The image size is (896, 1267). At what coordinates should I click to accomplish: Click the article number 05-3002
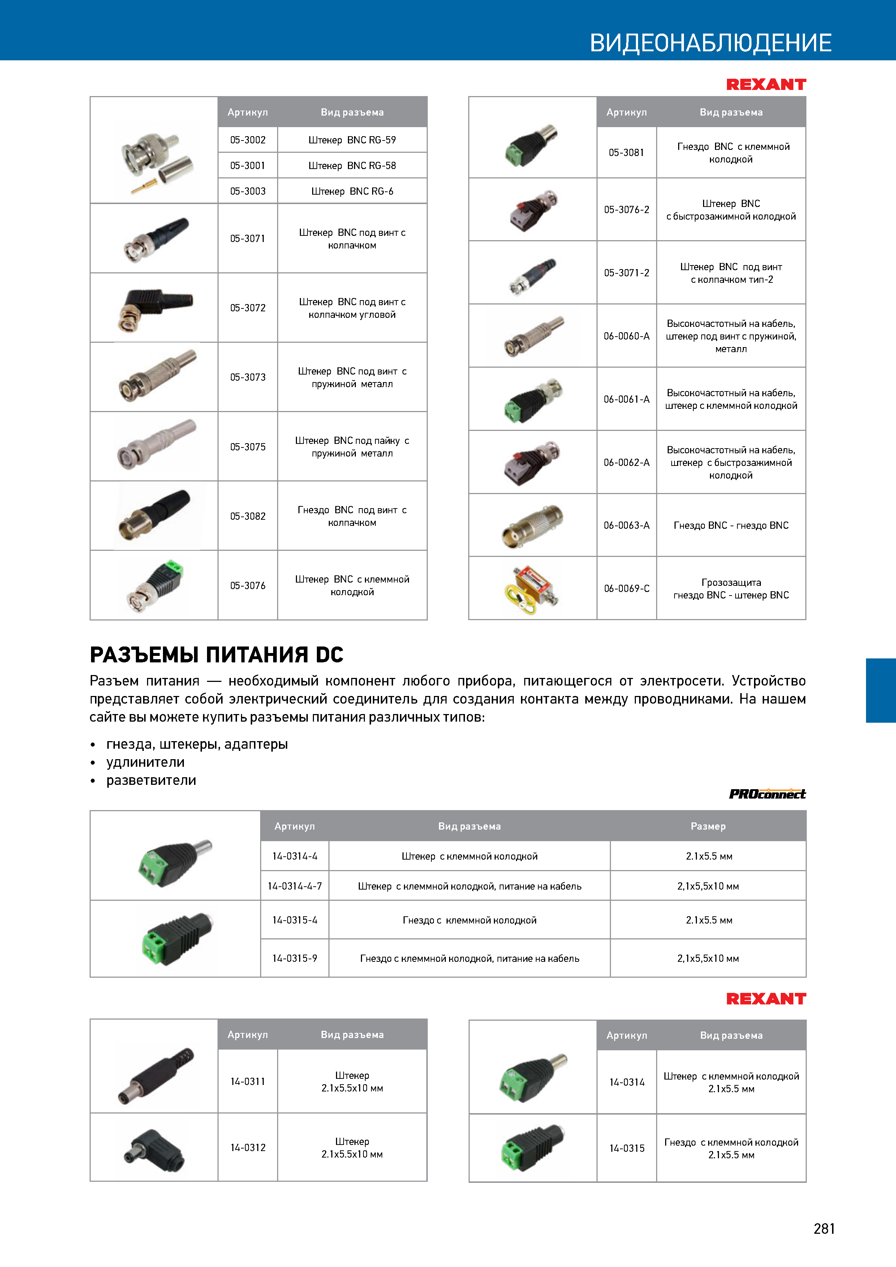point(248,140)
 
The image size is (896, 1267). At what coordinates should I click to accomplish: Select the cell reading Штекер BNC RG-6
point(352,191)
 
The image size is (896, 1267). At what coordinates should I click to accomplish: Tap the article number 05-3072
point(248,308)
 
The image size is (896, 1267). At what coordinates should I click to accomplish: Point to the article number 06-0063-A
point(626,526)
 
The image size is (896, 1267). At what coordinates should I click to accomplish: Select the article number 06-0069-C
point(626,589)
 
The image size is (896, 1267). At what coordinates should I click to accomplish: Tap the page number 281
point(824,1228)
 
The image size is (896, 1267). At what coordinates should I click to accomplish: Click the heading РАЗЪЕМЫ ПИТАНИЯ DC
point(216,654)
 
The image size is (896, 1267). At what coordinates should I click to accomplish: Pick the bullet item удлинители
point(145,762)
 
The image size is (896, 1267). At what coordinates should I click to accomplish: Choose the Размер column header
point(708,826)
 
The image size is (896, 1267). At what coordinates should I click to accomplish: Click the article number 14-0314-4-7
point(295,886)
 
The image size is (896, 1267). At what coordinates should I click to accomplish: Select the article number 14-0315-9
point(295,959)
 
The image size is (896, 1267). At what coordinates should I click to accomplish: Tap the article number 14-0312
point(248,1148)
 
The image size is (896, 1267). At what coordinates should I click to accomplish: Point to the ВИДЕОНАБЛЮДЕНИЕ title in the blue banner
point(711,43)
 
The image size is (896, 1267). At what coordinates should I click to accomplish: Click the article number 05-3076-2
point(626,210)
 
